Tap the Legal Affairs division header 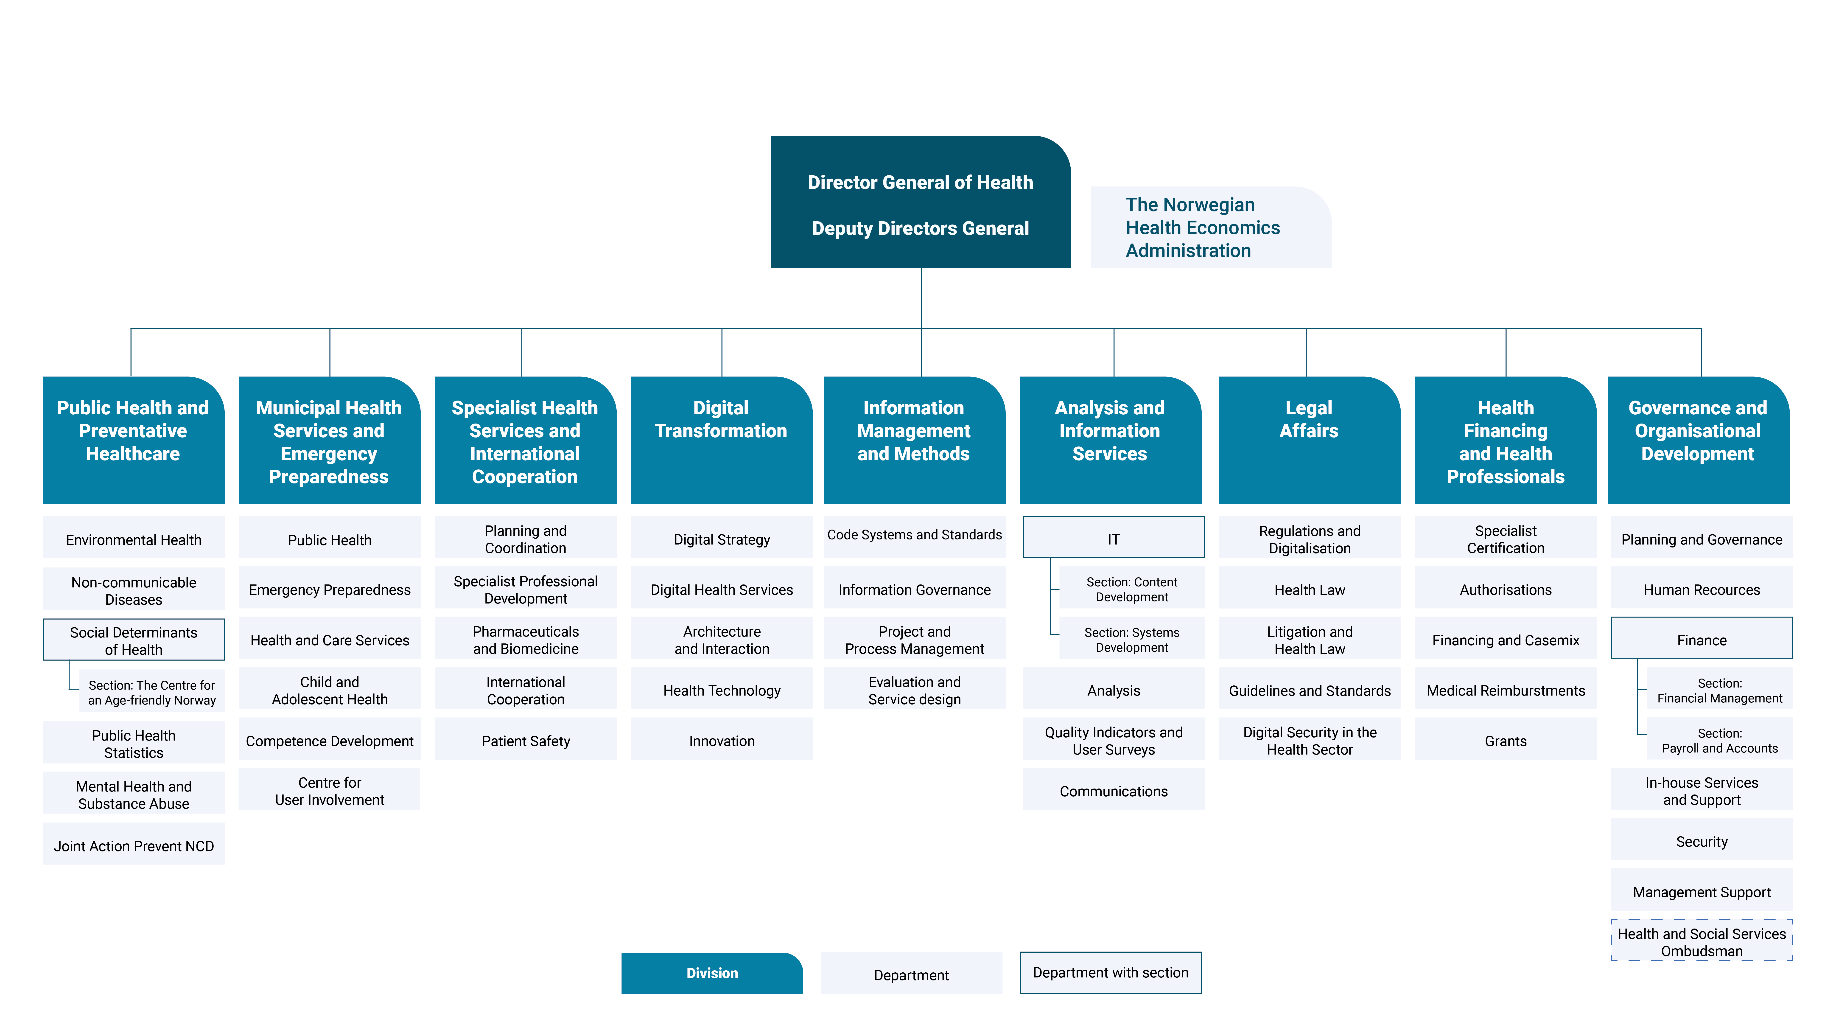pyautogui.click(x=1309, y=440)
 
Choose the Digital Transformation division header pyautogui.click(x=721, y=440)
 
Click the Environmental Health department pyautogui.click(x=133, y=540)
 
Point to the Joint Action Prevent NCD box pyautogui.click(x=133, y=845)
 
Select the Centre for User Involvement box pyautogui.click(x=329, y=791)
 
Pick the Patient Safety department pyautogui.click(x=525, y=741)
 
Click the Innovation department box pyautogui.click(x=721, y=741)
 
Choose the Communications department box pyautogui.click(x=1113, y=791)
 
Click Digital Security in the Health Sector pyautogui.click(x=1309, y=741)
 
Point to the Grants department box pyautogui.click(x=1505, y=741)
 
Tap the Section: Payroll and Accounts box pyautogui.click(x=1719, y=740)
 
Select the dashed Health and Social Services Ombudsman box pyautogui.click(x=1701, y=942)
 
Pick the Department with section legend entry pyautogui.click(x=1110, y=972)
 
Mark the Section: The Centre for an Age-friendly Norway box pyautogui.click(x=151, y=691)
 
